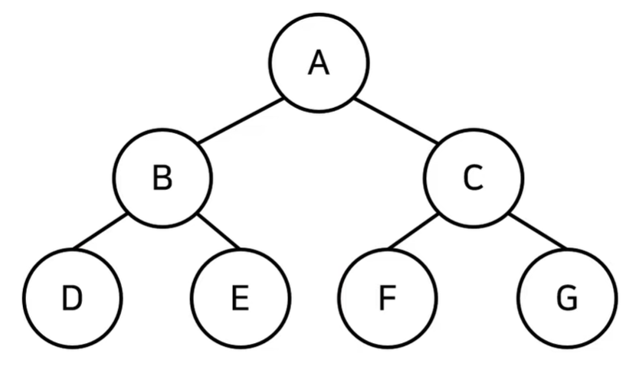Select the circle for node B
coord(162,178)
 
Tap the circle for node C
coord(474,178)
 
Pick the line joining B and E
coord(218,232)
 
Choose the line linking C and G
coord(537,232)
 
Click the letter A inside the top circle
coord(319,63)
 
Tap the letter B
coord(162,178)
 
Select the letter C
coord(474,178)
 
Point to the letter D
coord(72,298)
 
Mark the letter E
coord(240,298)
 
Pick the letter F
coord(387,298)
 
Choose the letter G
coord(567,298)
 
